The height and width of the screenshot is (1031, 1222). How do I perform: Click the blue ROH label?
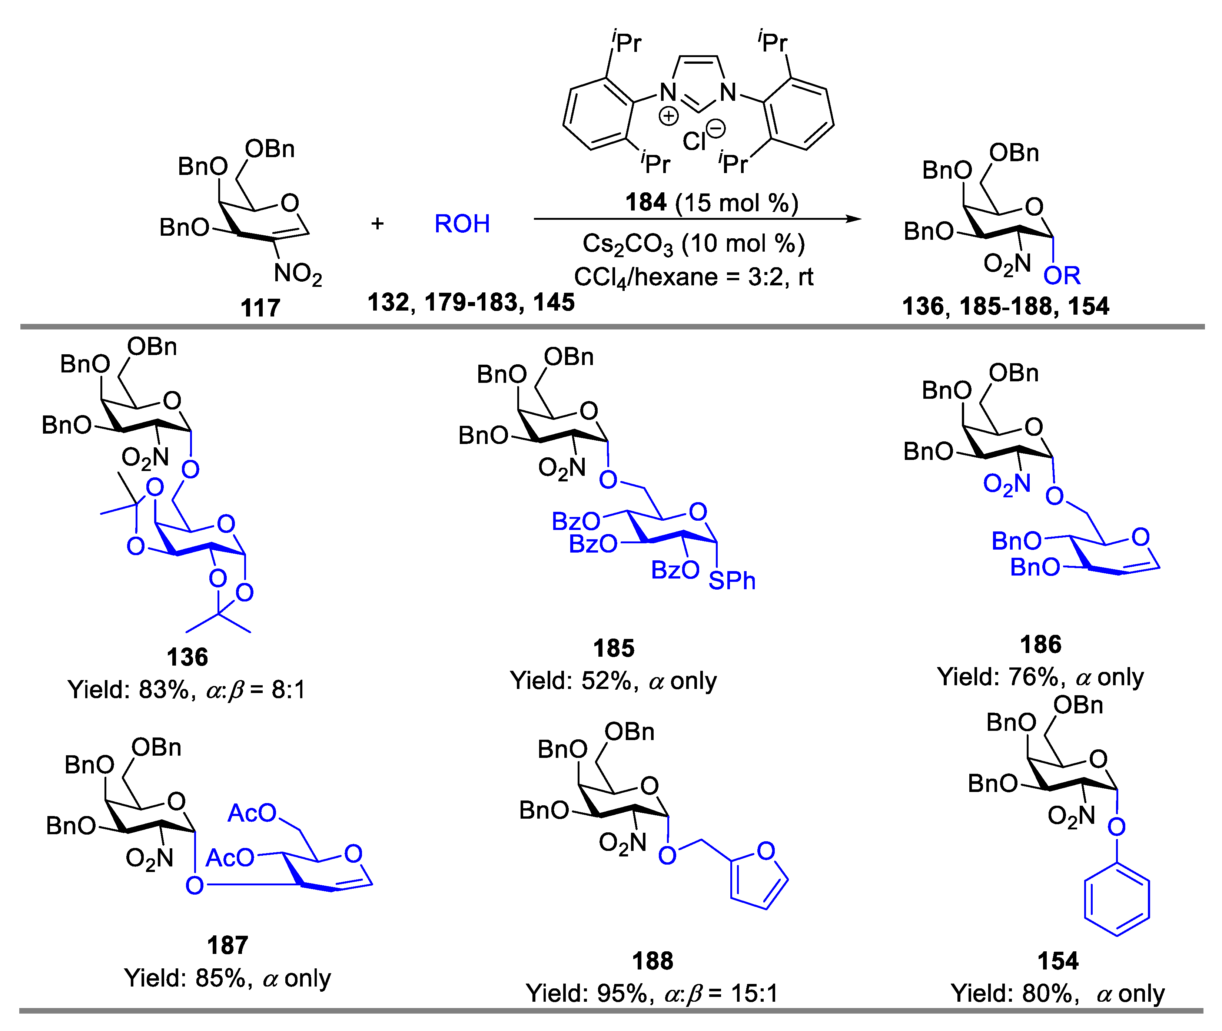[x=462, y=224]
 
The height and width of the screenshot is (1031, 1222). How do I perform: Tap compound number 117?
[x=260, y=308]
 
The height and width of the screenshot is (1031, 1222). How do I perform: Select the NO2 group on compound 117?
[x=298, y=274]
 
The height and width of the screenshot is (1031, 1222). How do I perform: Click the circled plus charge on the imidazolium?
[x=668, y=116]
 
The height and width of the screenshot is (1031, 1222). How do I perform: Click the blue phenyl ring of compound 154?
[x=1117, y=900]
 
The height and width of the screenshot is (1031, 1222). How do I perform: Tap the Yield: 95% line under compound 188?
[x=652, y=993]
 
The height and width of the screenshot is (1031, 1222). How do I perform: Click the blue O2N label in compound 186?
[x=1006, y=484]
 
